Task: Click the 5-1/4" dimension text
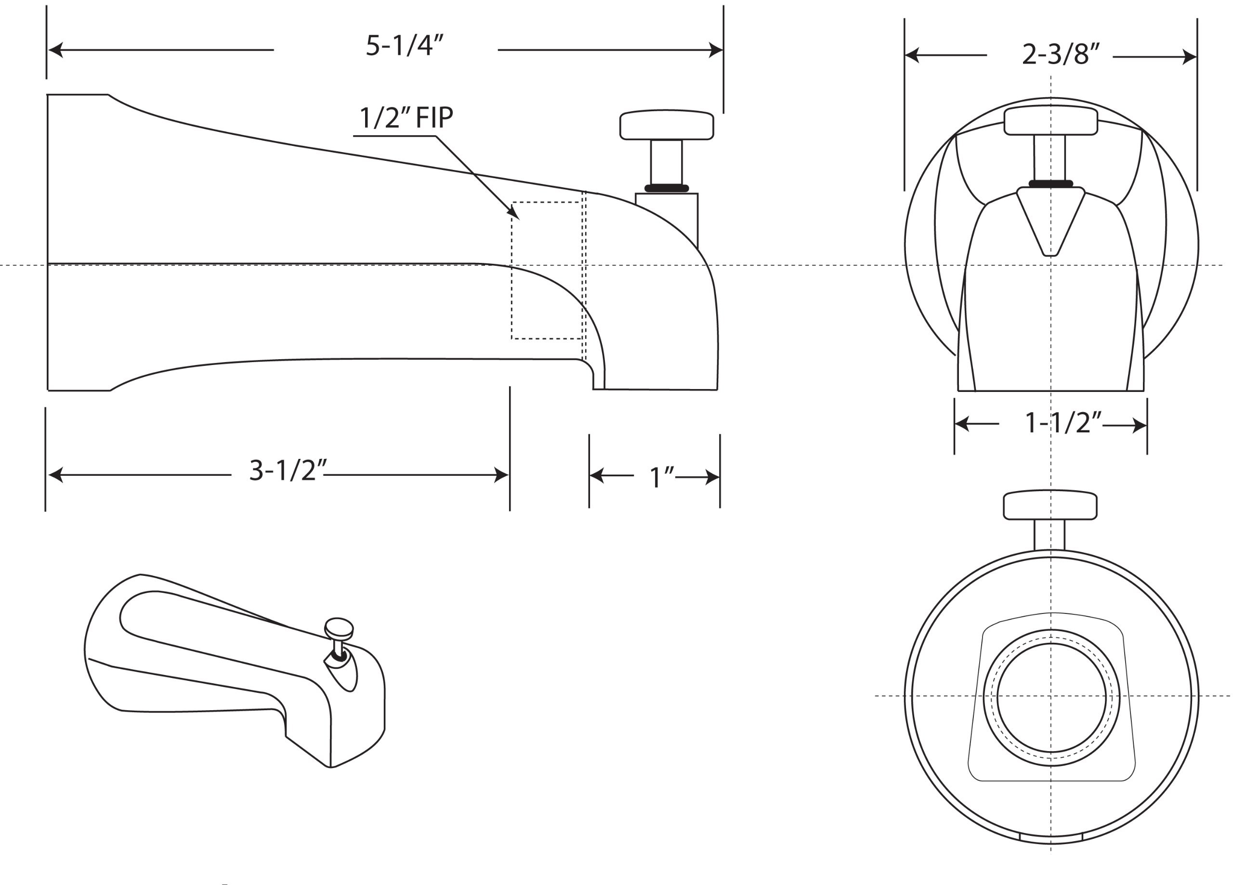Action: point(405,46)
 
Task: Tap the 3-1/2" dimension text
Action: point(288,471)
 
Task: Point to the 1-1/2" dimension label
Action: point(1062,423)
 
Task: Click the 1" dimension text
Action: point(661,478)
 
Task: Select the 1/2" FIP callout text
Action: point(406,118)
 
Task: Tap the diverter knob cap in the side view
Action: point(667,125)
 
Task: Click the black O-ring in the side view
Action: point(667,188)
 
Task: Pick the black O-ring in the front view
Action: point(1051,184)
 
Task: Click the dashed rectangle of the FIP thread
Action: point(546,271)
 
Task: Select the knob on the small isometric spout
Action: point(339,627)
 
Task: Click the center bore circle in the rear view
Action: point(1051,697)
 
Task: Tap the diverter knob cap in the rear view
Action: point(1050,506)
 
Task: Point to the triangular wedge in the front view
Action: point(1050,218)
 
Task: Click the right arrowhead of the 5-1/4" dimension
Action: point(716,51)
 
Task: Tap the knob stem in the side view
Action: point(666,162)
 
